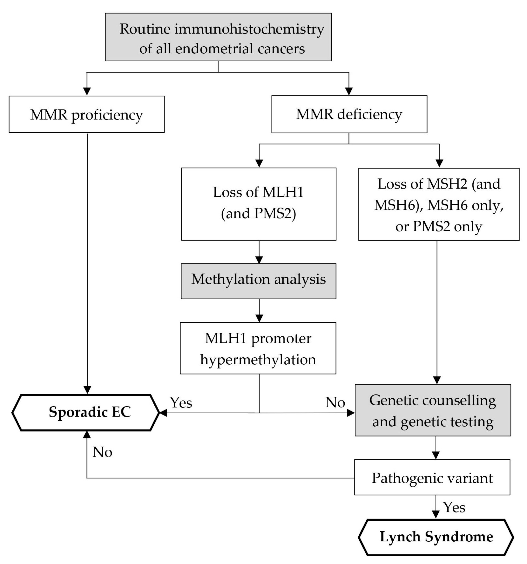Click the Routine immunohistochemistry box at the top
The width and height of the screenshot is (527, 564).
pos(218,37)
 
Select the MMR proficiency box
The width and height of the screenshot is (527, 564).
pos(87,114)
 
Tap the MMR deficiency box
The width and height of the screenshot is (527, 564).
pos(349,114)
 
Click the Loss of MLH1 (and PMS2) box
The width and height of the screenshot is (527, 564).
pos(258,204)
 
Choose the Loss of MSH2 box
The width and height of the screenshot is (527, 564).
pos(439,204)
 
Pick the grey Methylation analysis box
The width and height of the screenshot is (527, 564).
pos(258,281)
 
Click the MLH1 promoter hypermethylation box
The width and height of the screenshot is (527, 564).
pos(258,348)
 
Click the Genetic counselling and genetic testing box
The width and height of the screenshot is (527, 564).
pos(433,410)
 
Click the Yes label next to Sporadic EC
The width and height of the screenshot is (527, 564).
pos(181,403)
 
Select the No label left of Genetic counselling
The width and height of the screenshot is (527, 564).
pos(335,402)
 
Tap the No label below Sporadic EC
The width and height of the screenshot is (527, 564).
pos(102,452)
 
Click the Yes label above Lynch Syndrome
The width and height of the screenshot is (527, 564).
pos(454,507)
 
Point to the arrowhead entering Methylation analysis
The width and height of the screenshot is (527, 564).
pos(259,260)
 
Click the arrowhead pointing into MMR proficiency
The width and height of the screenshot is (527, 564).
pos(87,91)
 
